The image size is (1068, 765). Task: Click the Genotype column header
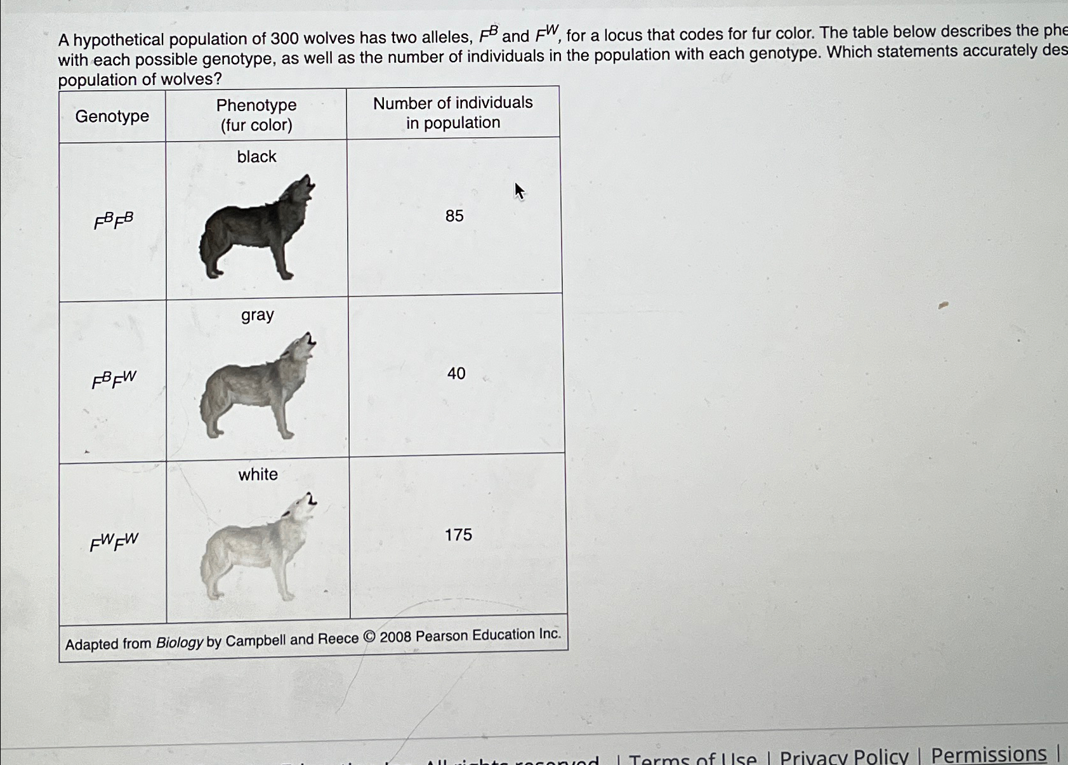(112, 116)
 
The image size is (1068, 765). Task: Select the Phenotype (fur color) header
(256, 115)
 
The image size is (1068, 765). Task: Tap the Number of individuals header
(453, 112)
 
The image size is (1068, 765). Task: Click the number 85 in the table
(454, 216)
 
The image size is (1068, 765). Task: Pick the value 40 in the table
(456, 373)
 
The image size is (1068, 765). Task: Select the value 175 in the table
(458, 535)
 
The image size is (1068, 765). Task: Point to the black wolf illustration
(257, 229)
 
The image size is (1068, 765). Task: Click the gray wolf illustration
(257, 387)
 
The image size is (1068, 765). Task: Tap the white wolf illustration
(257, 547)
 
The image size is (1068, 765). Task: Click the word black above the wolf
(257, 156)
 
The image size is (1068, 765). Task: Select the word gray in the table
(258, 315)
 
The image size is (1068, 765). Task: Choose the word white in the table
(258, 474)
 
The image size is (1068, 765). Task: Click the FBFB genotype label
(114, 221)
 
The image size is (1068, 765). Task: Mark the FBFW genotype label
(114, 380)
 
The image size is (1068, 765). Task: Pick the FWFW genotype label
(114, 542)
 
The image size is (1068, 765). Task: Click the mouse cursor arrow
(519, 190)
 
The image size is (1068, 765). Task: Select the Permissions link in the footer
(989, 754)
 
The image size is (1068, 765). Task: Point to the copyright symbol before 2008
(369, 637)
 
